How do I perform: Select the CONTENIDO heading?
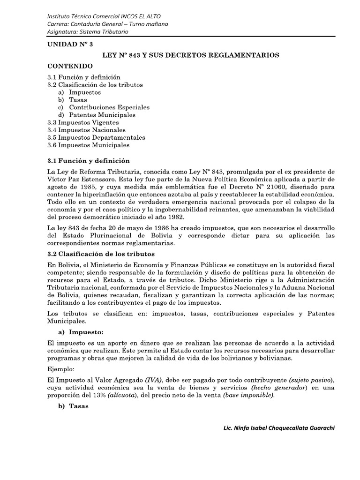point(70,66)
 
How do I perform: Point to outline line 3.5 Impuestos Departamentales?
point(96,137)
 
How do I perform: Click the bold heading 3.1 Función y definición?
point(88,160)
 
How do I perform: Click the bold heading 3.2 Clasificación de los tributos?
point(101,254)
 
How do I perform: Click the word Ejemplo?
point(61,369)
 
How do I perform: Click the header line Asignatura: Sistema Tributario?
point(88,31)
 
